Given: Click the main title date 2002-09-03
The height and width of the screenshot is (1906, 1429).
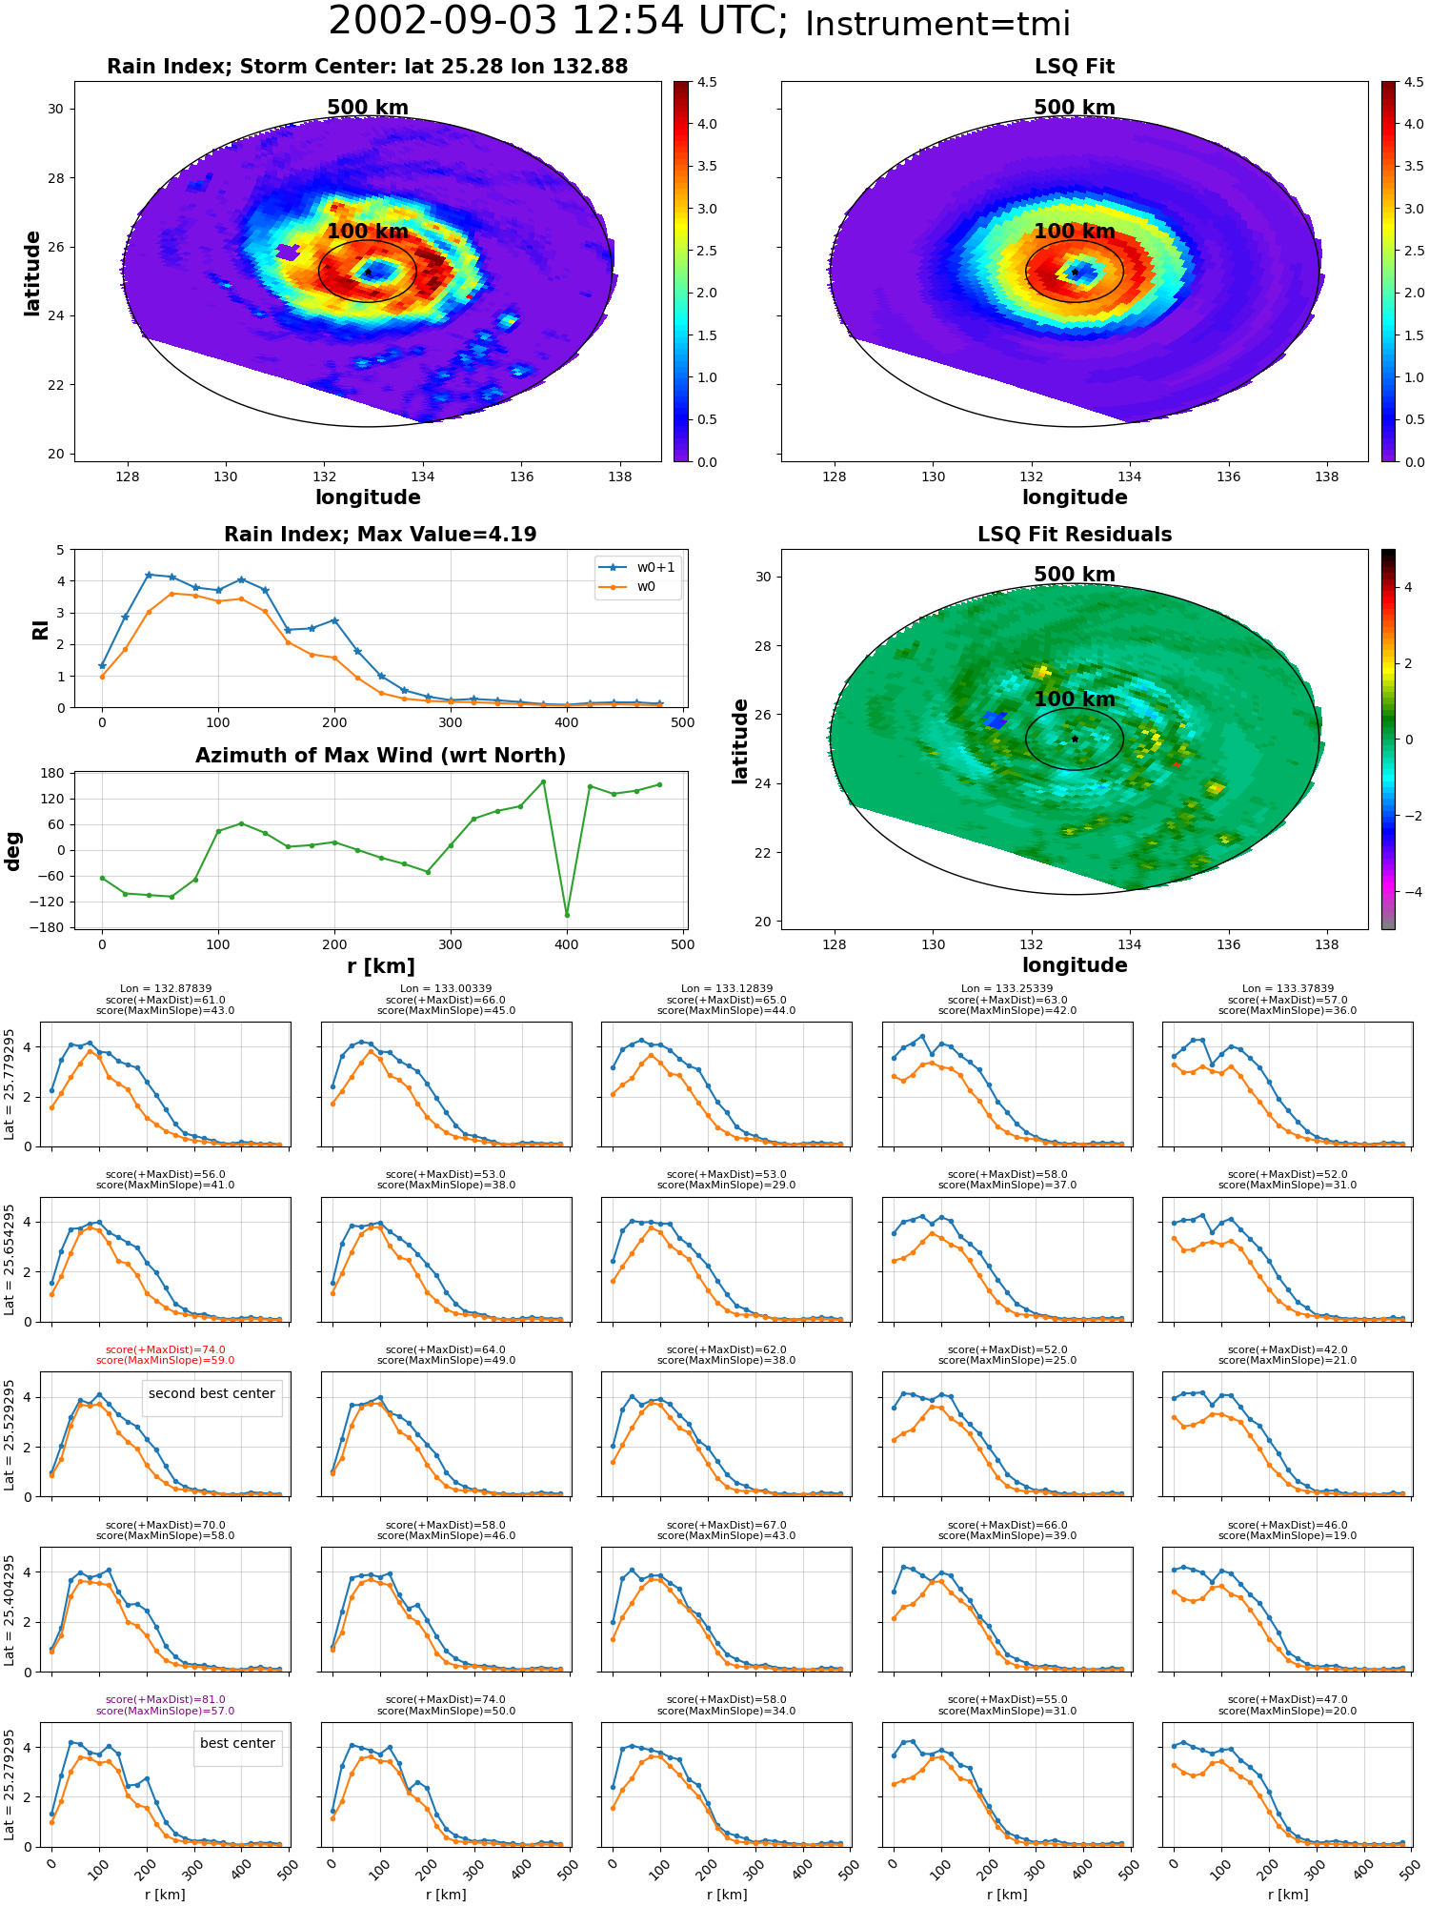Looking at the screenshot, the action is [x=443, y=22].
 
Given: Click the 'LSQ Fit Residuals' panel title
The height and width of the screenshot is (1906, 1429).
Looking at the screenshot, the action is [x=1075, y=535].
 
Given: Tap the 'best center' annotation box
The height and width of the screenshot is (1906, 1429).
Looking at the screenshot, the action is [x=237, y=1743].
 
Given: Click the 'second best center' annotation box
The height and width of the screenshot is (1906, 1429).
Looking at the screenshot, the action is [x=211, y=1393].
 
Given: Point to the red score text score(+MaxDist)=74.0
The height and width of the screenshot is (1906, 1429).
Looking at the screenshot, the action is [x=166, y=1349].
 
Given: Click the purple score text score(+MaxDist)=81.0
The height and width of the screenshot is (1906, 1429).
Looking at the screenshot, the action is [x=166, y=1699].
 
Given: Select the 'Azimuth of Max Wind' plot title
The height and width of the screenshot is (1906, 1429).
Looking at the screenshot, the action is [x=380, y=756].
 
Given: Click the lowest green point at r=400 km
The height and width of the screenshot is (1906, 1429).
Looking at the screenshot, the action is [x=567, y=915].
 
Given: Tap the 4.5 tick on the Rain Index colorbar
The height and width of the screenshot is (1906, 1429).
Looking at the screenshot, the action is [x=707, y=82].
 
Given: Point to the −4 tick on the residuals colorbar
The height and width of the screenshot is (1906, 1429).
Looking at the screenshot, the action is [x=1408, y=892].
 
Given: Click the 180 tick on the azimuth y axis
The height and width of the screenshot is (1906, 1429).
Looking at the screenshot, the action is [x=53, y=773].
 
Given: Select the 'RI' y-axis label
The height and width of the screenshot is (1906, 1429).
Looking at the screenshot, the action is [x=40, y=629].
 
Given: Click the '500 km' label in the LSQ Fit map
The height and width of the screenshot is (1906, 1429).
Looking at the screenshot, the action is [x=1075, y=108].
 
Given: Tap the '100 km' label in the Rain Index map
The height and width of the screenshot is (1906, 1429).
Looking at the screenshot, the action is [x=368, y=232].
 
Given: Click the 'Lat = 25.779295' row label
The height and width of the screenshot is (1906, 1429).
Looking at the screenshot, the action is [x=10, y=1085].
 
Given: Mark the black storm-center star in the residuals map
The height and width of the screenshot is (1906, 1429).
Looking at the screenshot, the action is [x=1075, y=739].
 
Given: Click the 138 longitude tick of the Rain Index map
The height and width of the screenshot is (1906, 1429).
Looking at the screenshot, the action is [x=619, y=476].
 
